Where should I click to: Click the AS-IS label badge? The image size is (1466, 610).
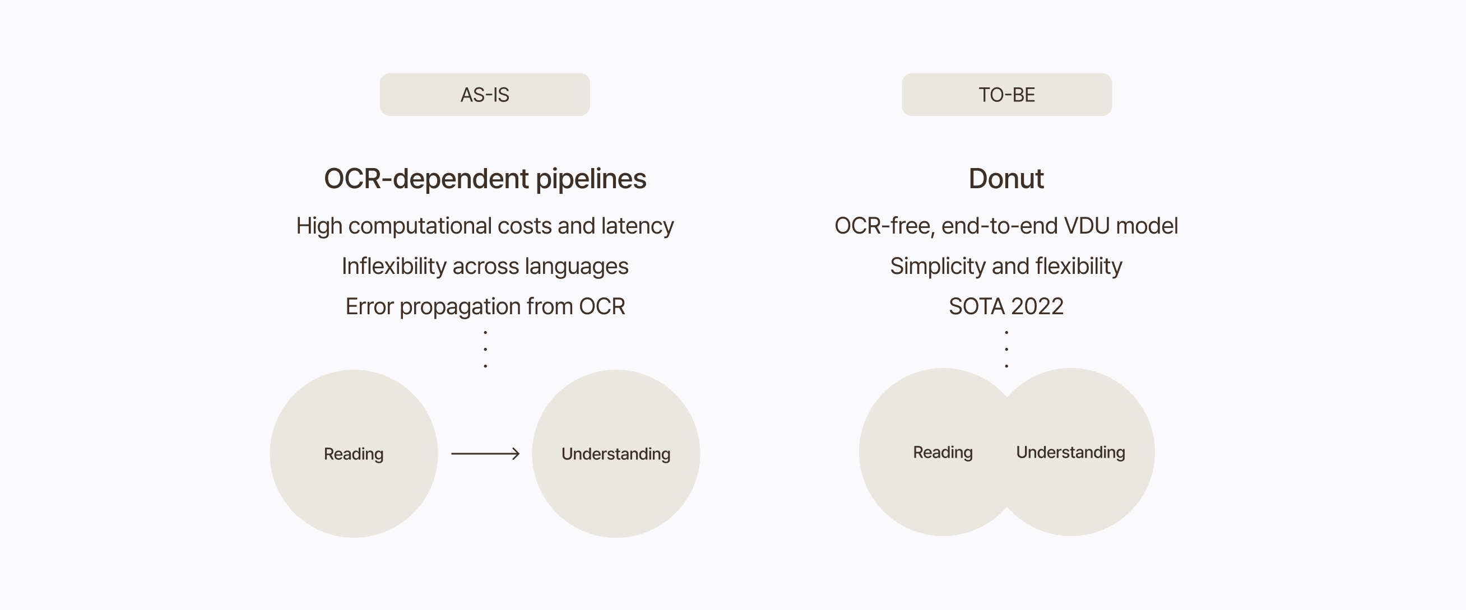(485, 95)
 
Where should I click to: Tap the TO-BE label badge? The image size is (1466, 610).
(1006, 95)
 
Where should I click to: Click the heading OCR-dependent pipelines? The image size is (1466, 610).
(485, 179)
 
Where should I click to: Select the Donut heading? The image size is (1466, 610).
(1006, 179)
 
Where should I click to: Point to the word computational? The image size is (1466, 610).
(418, 226)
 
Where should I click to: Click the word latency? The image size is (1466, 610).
(637, 226)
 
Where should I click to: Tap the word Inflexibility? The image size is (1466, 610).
(394, 266)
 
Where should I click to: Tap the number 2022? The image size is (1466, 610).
(1037, 307)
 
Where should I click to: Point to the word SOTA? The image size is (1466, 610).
(976, 307)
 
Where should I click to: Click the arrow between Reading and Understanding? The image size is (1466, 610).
(485, 454)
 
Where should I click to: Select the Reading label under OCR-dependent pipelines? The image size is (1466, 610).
(354, 454)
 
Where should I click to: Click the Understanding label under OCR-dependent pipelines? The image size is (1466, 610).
(616, 454)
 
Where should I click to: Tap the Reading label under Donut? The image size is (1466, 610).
(943, 453)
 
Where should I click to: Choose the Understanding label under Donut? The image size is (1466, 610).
(1070, 453)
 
